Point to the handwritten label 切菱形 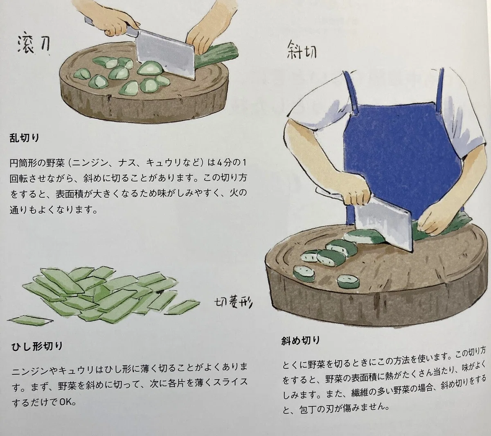[x=233, y=303]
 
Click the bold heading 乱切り [x=24, y=138]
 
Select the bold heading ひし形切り [x=37, y=346]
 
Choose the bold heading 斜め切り [x=301, y=341]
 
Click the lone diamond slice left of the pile [x=30, y=320]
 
